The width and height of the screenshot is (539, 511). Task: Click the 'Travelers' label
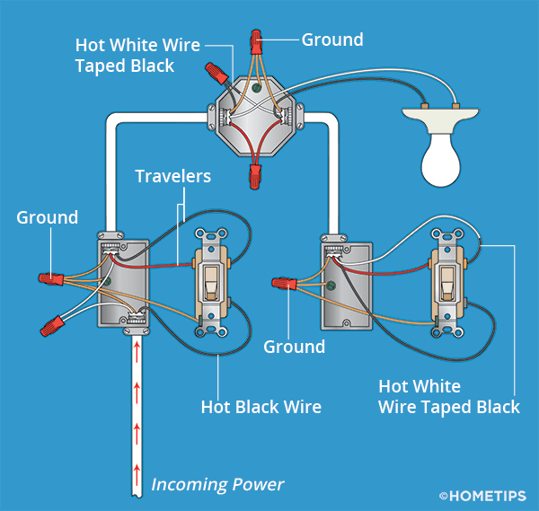pos(172,176)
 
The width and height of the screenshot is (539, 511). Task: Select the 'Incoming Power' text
pos(217,485)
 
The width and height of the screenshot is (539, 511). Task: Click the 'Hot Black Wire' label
pos(261,408)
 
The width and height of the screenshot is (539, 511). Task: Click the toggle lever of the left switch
pos(211,283)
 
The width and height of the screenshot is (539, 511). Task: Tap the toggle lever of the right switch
pos(446,285)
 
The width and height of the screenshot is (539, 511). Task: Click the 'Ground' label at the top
pos(332,40)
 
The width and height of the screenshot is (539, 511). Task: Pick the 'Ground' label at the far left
pos(47,218)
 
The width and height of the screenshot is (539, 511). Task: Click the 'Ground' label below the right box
pos(294,347)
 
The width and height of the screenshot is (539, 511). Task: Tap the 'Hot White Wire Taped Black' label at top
pos(137,54)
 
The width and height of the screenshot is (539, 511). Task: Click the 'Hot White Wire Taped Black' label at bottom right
pos(449,397)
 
